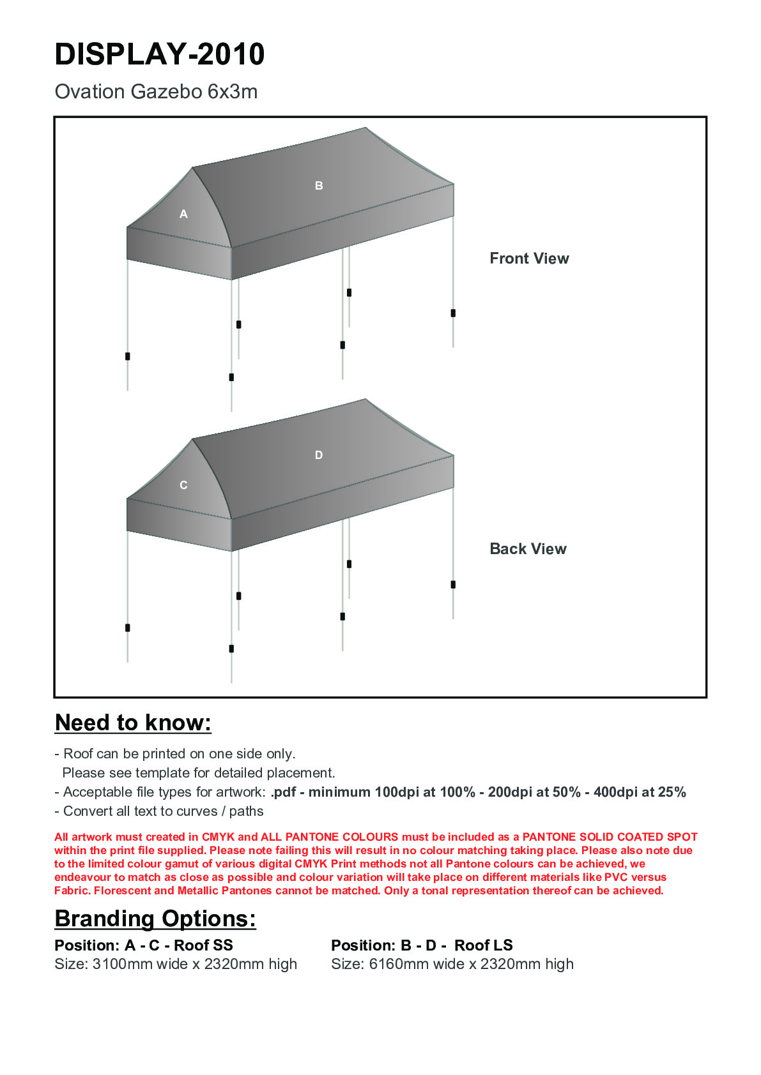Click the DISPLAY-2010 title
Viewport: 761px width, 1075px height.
click(160, 54)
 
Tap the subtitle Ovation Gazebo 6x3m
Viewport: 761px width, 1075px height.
click(156, 92)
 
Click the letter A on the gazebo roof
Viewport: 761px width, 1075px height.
click(183, 214)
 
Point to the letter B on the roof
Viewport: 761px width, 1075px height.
click(319, 186)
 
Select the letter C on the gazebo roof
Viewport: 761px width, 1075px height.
click(183, 486)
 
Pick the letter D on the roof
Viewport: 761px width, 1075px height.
click(319, 455)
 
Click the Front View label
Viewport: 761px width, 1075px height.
click(529, 259)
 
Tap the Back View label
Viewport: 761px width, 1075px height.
click(528, 549)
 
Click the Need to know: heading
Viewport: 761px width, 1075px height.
click(133, 723)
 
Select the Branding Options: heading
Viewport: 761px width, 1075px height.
click(155, 919)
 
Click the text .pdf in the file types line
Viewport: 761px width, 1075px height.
click(283, 792)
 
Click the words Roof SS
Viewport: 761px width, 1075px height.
click(203, 945)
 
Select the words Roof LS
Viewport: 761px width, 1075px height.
click(484, 945)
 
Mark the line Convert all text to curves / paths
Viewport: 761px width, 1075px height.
click(159, 811)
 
